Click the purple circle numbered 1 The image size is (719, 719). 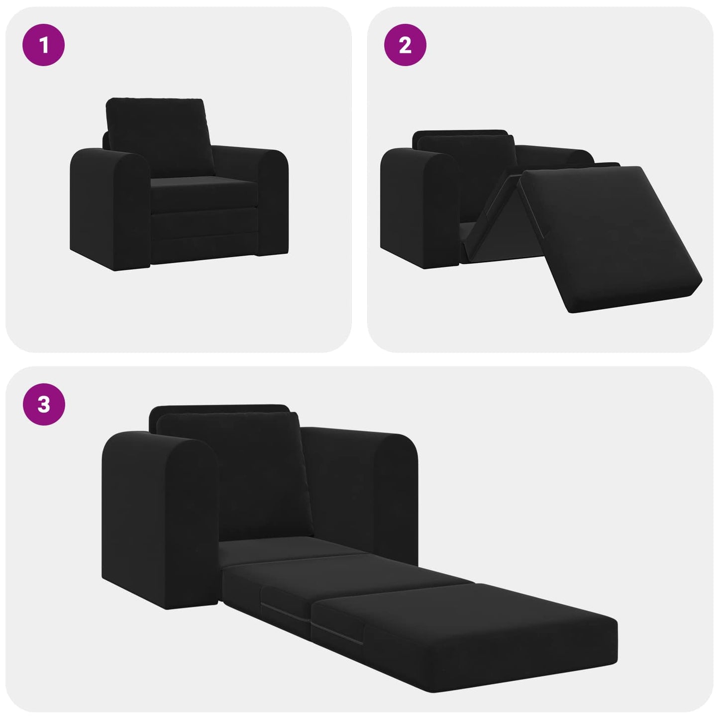coord(44,45)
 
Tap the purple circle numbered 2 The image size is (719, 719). coord(405,45)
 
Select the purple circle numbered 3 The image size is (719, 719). coord(44,404)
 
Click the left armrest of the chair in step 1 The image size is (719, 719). coord(109,209)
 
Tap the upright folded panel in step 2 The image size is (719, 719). coord(490,214)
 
